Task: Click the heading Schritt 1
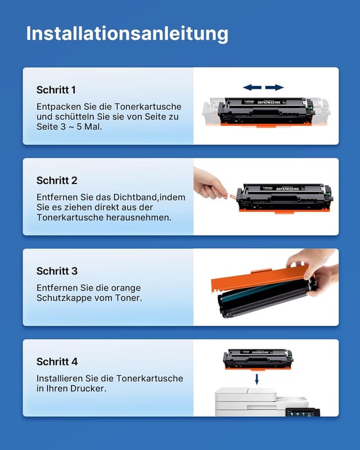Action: pyautogui.click(x=56, y=90)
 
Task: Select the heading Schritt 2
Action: pyautogui.click(x=57, y=181)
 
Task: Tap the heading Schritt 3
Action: pyautogui.click(x=57, y=271)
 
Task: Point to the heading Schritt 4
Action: pyautogui.click(x=57, y=362)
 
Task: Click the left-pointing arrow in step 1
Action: pyautogui.click(x=252, y=87)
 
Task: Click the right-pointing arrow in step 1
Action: pyautogui.click(x=274, y=87)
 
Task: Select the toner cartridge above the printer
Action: pyautogui.click(x=258, y=358)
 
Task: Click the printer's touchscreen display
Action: pyautogui.click(x=298, y=412)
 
